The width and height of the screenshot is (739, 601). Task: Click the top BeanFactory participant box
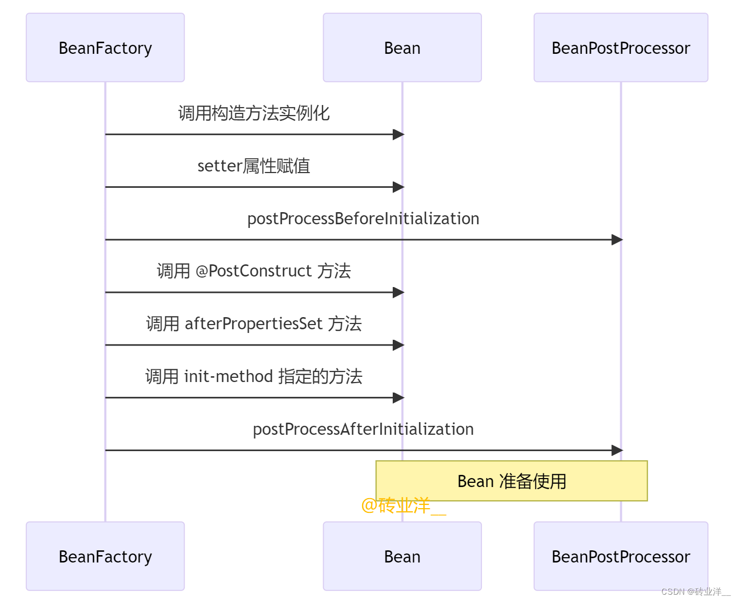(x=105, y=47)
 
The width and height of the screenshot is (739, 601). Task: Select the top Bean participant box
(x=402, y=47)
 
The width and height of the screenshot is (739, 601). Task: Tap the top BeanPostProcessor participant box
(x=621, y=47)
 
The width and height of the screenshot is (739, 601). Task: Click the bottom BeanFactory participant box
(x=105, y=556)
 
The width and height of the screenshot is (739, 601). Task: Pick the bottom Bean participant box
(x=402, y=556)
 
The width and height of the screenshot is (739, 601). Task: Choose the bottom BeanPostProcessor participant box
(x=621, y=556)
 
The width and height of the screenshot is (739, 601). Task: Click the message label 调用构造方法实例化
(x=254, y=113)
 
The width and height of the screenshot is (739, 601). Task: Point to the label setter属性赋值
(x=254, y=166)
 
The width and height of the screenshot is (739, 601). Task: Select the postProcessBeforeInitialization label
(x=363, y=218)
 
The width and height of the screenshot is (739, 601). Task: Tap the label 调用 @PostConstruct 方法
(x=254, y=271)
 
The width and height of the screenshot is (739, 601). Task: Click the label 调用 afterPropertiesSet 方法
(x=254, y=324)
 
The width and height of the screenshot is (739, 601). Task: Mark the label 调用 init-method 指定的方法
(x=254, y=377)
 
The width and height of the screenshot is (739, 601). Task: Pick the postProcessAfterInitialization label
(x=363, y=430)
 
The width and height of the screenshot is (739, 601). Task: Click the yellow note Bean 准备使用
(x=511, y=481)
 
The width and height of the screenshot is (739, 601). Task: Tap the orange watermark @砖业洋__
(x=404, y=506)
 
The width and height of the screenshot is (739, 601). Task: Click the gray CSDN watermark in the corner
(x=695, y=592)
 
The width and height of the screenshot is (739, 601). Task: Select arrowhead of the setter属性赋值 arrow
(x=399, y=187)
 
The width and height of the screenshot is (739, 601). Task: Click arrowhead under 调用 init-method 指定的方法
(x=399, y=397)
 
